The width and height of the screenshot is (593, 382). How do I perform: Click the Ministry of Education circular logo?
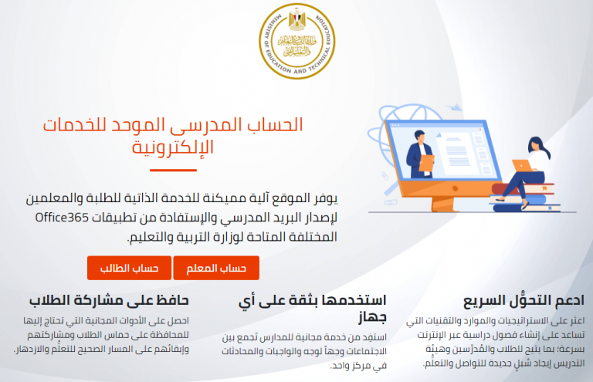point(296,41)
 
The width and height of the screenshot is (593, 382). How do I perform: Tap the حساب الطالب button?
point(130,268)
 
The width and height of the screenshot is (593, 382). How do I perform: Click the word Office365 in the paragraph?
point(62,218)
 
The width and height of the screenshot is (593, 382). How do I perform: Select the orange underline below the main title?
point(173,171)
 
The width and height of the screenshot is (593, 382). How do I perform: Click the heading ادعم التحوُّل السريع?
point(524,300)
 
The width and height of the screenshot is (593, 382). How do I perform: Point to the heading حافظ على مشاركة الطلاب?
point(109,300)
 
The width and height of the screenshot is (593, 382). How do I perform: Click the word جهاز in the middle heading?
point(372,317)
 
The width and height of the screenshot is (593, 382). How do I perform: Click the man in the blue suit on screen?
point(419,154)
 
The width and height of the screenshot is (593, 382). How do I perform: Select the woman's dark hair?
point(539,146)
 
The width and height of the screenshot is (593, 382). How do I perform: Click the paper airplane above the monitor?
point(454,107)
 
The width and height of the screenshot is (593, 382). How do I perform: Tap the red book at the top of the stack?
point(524,188)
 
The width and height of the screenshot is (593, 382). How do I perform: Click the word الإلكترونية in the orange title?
point(173,147)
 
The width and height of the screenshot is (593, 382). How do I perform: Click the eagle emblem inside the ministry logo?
point(296,19)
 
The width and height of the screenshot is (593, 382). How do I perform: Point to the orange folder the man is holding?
point(426,163)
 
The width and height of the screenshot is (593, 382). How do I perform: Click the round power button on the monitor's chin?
point(455,188)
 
